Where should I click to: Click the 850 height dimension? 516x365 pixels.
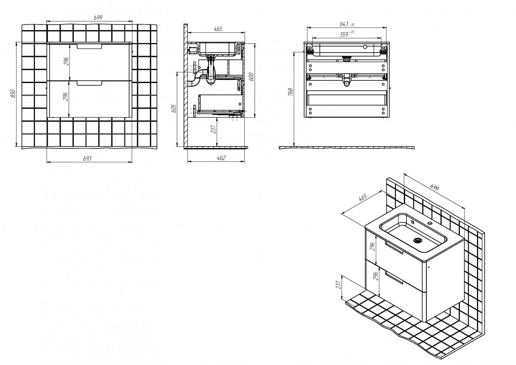pyautogui.click(x=13, y=93)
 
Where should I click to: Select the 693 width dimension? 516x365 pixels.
pyautogui.click(x=87, y=158)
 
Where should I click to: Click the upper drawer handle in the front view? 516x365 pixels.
pyautogui.click(x=89, y=46)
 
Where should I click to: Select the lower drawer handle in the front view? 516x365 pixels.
pyautogui.click(x=89, y=83)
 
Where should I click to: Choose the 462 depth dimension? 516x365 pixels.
pyautogui.click(x=221, y=158)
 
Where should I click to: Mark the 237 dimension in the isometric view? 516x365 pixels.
pyautogui.click(x=338, y=285)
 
